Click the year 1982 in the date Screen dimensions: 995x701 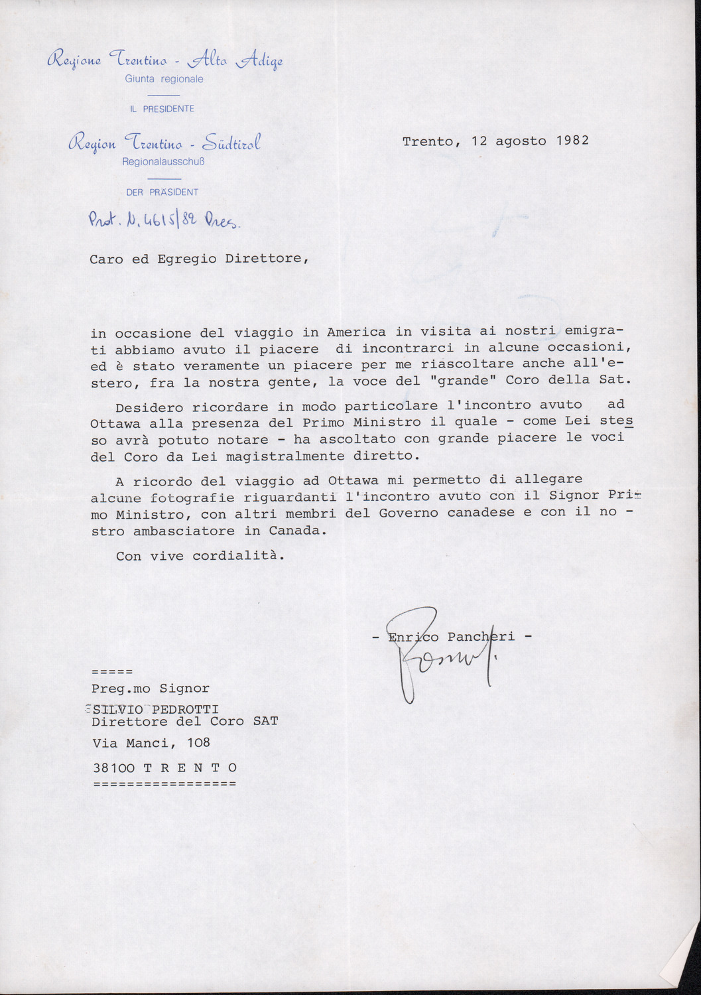tap(572, 141)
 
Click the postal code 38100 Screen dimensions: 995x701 tap(113, 767)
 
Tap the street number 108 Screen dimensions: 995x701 tap(198, 742)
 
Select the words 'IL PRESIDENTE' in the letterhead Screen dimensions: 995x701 tap(162, 109)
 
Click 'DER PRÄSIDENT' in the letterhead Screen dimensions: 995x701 tap(162, 192)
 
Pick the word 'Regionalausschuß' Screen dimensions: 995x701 tap(162, 161)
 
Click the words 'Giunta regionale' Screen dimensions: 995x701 tap(164, 79)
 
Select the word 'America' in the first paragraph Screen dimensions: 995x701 tap(356, 332)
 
